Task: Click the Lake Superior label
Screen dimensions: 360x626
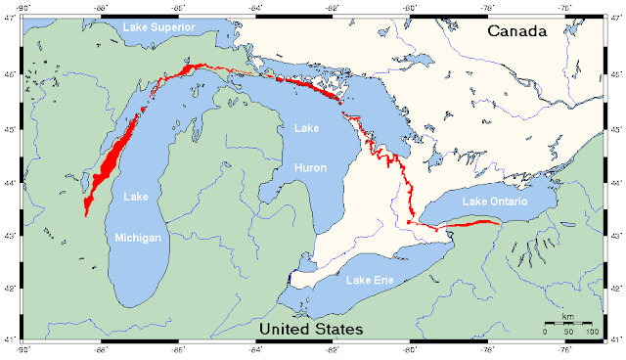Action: point(158,25)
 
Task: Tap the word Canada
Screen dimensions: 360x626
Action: point(518,32)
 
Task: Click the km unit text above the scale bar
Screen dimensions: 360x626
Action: point(568,319)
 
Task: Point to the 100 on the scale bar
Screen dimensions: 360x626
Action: point(592,333)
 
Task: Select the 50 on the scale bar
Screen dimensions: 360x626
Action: point(568,333)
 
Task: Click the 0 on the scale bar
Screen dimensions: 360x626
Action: point(546,333)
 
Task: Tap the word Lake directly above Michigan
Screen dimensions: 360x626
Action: point(137,197)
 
